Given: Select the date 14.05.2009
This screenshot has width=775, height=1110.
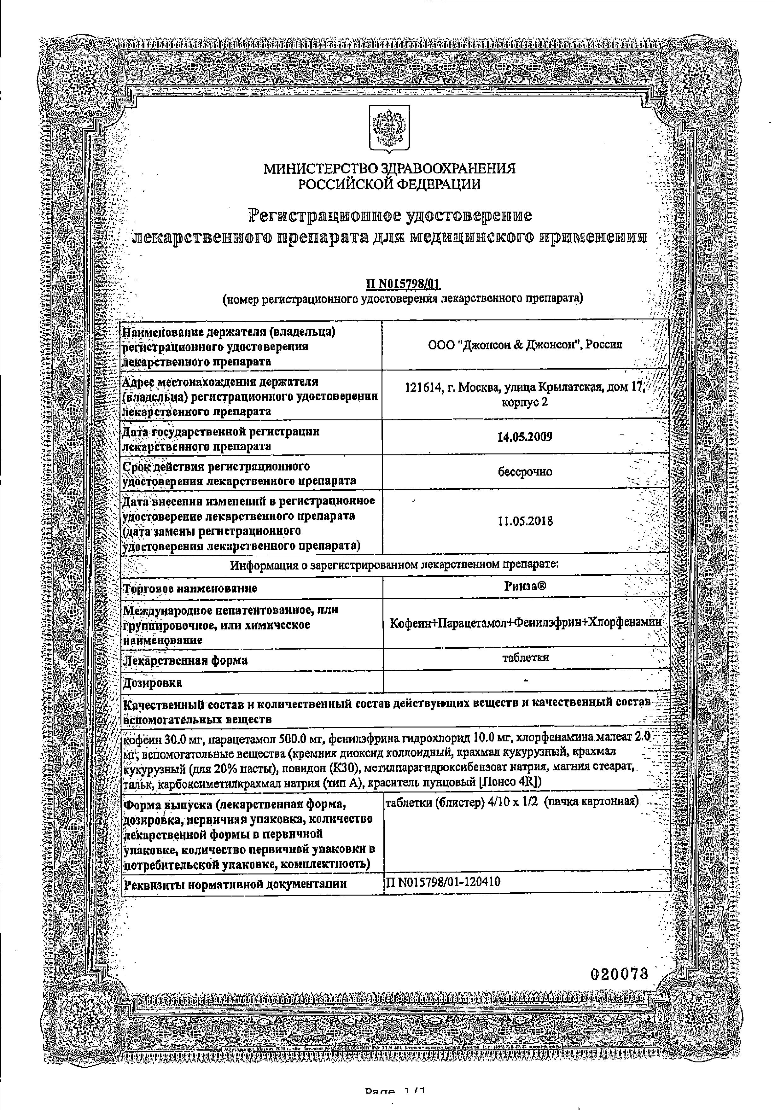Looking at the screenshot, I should point(525,437).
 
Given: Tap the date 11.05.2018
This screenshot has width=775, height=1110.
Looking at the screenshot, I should point(525,522).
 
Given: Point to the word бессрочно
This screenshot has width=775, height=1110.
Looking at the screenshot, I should point(525,471).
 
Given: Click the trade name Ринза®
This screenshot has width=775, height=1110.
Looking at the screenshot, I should point(525,586).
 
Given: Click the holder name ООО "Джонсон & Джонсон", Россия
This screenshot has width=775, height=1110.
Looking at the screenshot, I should point(525,344).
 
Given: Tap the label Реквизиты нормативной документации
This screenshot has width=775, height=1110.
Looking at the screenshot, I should point(236,884).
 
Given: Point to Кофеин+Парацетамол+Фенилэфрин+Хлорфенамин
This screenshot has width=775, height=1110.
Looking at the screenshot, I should point(525,623).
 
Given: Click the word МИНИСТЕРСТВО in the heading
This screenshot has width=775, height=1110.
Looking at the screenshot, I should point(322,169).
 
